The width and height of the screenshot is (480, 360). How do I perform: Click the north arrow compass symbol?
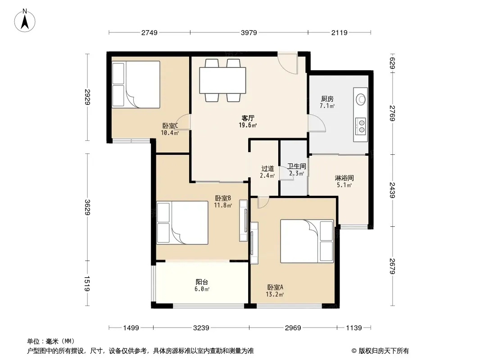(25, 21)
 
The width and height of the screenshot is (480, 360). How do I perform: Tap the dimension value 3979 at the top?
(249, 32)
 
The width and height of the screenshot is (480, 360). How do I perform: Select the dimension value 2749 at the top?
(149, 32)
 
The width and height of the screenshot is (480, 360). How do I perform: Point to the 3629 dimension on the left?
(87, 207)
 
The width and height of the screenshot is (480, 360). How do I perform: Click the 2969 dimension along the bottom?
(293, 328)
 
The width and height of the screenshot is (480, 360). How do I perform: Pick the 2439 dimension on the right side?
(392, 190)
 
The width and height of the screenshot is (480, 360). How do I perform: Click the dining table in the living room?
(222, 81)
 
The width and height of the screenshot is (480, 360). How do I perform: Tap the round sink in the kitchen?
(361, 99)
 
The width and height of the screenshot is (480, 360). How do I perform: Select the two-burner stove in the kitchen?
(361, 126)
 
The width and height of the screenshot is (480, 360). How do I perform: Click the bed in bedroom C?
(136, 85)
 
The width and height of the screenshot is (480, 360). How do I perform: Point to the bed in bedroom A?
(307, 241)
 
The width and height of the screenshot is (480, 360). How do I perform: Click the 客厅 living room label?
(248, 118)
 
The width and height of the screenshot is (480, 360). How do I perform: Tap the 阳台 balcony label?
(202, 282)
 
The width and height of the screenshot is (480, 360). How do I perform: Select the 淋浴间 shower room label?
(344, 178)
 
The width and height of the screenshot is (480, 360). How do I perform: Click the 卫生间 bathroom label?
(297, 166)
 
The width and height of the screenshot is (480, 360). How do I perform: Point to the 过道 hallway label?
(267, 169)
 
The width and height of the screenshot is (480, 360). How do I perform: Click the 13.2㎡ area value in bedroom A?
(275, 295)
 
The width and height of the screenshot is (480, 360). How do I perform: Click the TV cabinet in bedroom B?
(243, 220)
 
